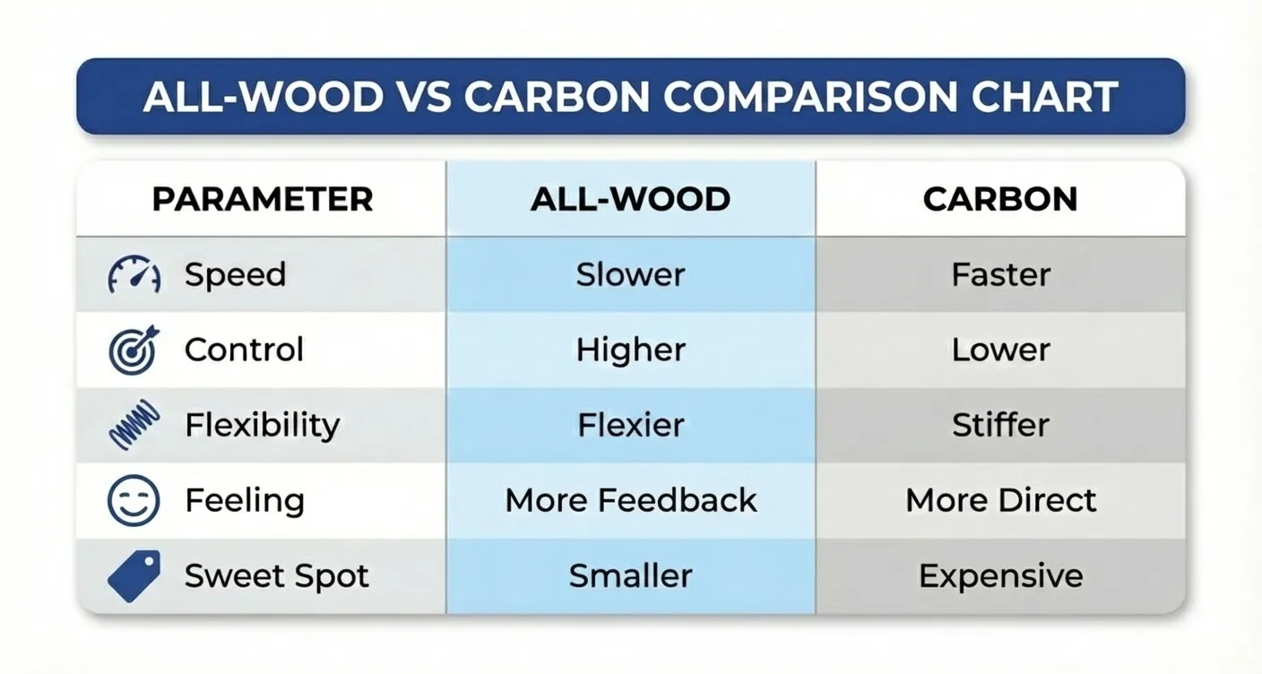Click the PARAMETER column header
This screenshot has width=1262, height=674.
(x=262, y=199)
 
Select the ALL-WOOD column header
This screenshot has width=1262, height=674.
(x=630, y=199)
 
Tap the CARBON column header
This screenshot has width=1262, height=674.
(x=1000, y=199)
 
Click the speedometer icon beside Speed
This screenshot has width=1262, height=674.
(x=134, y=274)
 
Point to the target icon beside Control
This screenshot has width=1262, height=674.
(x=134, y=350)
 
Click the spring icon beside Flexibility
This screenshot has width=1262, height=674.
(x=134, y=425)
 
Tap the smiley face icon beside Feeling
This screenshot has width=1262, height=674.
(x=134, y=500)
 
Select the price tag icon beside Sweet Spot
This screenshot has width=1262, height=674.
(x=134, y=575)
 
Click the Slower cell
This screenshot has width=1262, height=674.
(x=630, y=274)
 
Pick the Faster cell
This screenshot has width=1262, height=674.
(x=1000, y=274)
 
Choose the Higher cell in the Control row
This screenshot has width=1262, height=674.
(x=630, y=350)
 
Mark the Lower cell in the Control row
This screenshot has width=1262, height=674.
(x=1000, y=350)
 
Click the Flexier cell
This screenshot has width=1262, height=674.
(x=630, y=425)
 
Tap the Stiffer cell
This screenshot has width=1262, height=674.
(x=1000, y=425)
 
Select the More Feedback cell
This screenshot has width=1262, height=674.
(x=630, y=500)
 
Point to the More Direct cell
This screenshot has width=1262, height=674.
(x=1000, y=500)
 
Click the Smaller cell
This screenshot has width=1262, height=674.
(x=630, y=575)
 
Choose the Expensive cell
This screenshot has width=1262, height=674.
(x=1000, y=575)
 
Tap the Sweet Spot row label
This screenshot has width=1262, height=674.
(x=276, y=575)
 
